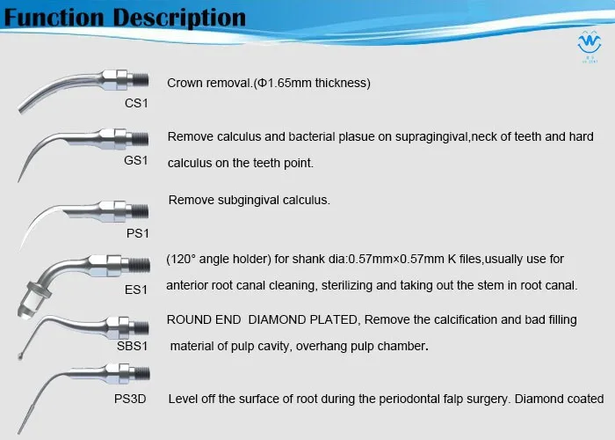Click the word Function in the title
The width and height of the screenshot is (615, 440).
pos(54,18)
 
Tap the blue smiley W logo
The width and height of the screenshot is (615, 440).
pos(590,44)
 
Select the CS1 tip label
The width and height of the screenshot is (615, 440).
pos(136,103)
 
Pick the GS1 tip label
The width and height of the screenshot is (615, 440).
pos(135,160)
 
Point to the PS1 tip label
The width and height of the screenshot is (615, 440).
pos(138,233)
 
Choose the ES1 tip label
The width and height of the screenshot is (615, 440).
pos(135,290)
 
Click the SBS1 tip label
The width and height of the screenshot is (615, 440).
pos(132,346)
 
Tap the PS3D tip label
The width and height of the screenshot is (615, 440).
pos(130,399)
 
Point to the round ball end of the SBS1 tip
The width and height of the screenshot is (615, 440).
pos(21,356)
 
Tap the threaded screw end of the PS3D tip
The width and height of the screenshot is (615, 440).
pos(141,373)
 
